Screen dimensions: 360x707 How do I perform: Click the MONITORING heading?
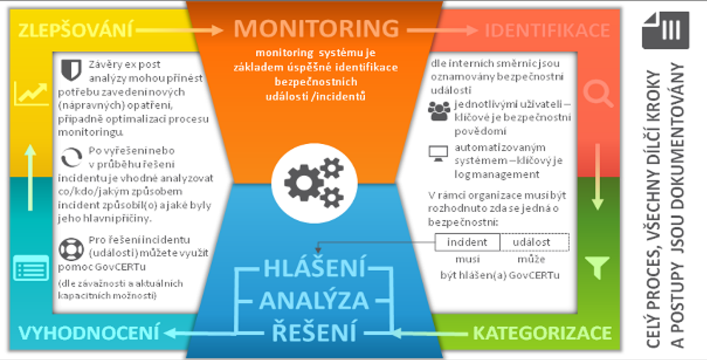tap(316, 28)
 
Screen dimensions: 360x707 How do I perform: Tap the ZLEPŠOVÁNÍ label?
tap(74, 29)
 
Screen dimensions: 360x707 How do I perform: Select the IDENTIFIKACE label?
tap(547, 29)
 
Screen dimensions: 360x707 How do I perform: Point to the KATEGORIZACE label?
tap(542, 333)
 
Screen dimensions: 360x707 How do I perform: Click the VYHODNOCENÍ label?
tap(90, 332)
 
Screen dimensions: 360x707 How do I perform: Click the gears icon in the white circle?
tap(312, 178)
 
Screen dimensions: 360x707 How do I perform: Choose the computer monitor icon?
tap(438, 153)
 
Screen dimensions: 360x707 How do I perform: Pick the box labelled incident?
tap(467, 242)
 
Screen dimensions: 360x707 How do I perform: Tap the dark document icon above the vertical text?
tap(665, 30)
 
